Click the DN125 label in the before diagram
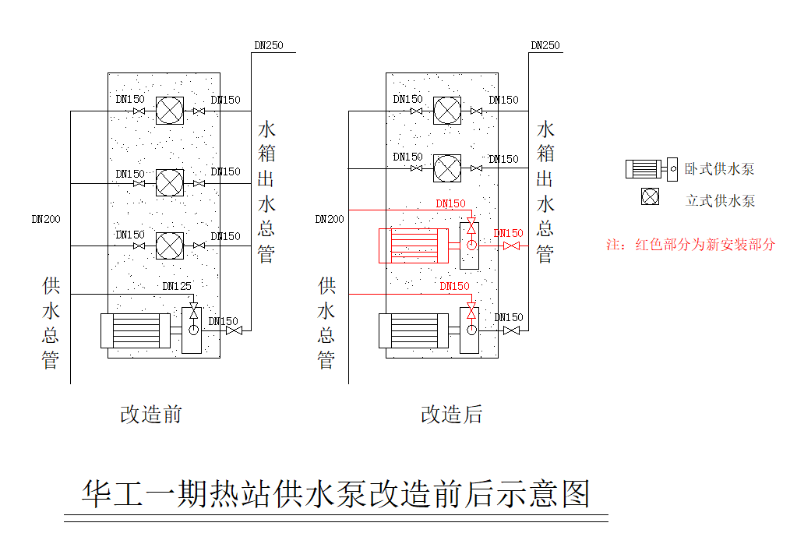pos(176,286)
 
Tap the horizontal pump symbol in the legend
pos(649,168)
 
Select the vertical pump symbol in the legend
pos(650,197)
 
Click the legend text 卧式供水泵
pos(720,169)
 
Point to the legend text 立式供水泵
pos(720,200)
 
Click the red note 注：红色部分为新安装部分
pos(691,244)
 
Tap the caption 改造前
pos(151,414)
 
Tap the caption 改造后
pos(452,414)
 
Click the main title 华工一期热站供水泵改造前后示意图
pos(336,495)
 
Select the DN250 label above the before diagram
pos(269,45)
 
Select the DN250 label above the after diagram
pos(545,45)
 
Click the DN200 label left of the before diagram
pos(46,219)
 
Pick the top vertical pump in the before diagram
pos(170,111)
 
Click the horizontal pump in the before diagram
pos(136,330)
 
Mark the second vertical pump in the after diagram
pos(447,168)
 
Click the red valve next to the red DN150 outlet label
pos(511,246)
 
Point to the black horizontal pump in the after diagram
pos(414,330)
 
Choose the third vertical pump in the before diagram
pos(170,246)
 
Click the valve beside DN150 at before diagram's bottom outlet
pos(234,330)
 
